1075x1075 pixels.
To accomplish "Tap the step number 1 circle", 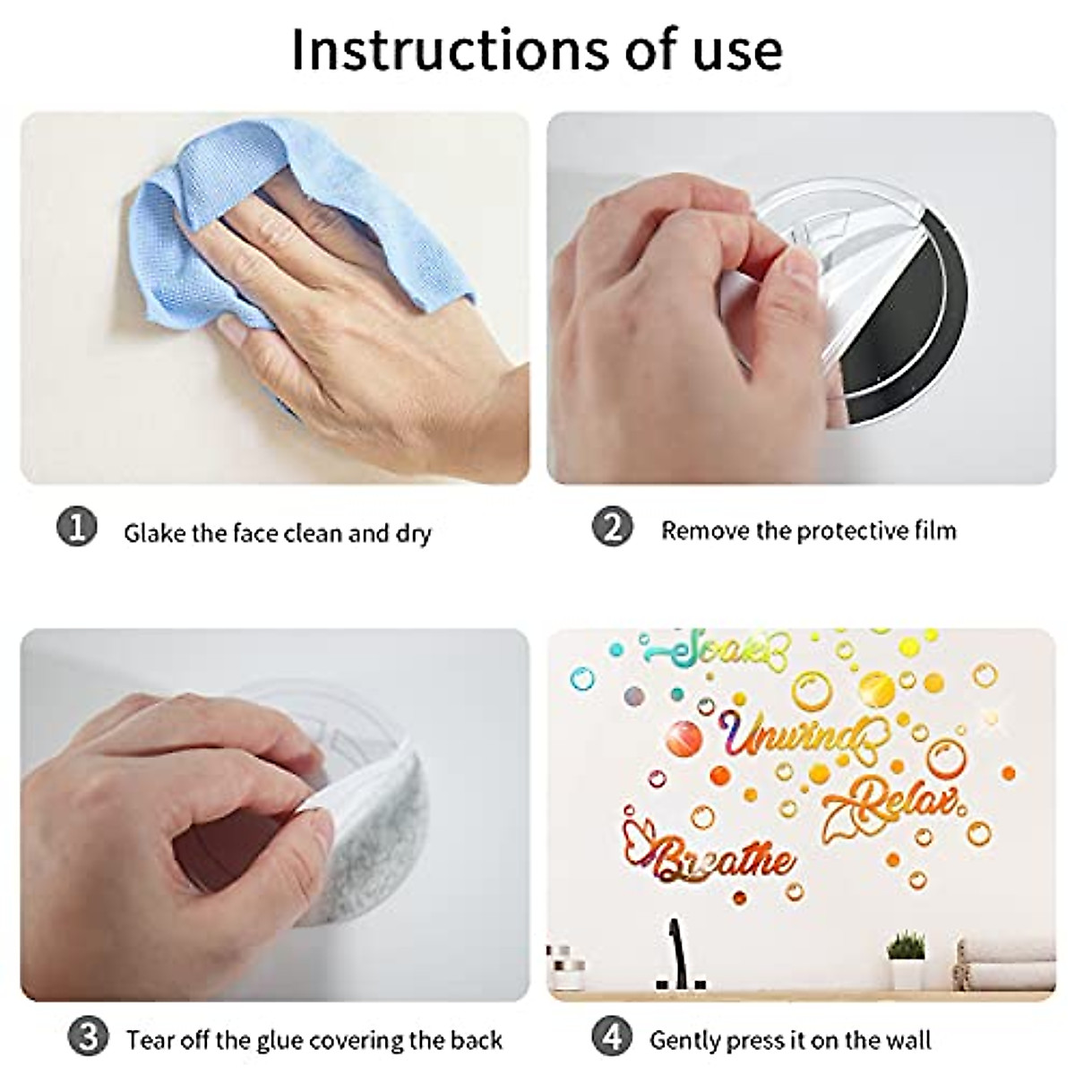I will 76,527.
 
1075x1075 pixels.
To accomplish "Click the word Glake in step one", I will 154,534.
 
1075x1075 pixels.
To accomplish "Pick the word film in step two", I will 933,530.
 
